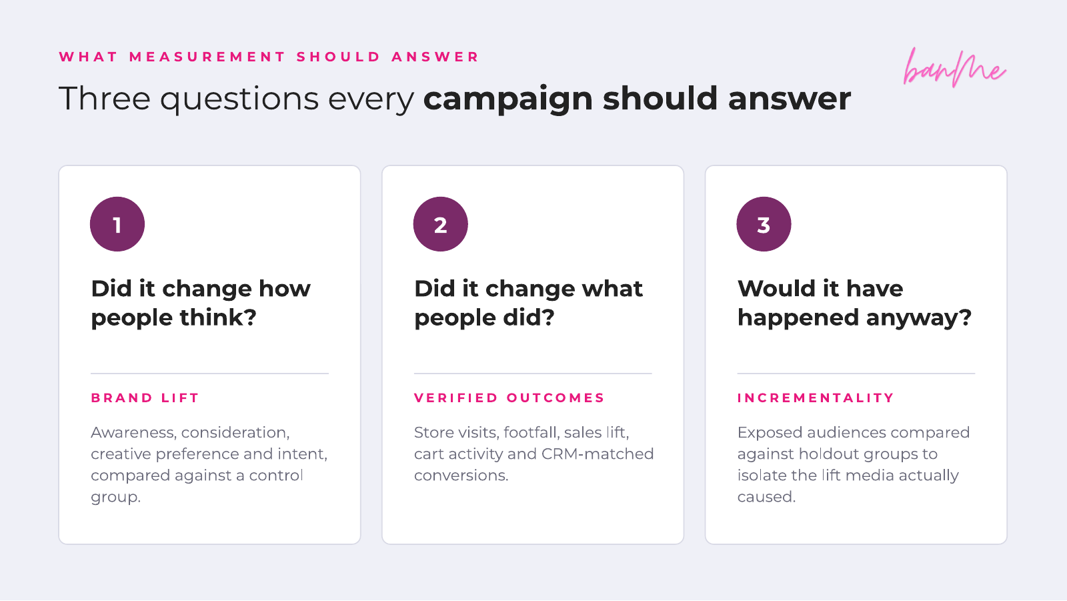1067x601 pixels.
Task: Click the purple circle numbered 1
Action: [117, 224]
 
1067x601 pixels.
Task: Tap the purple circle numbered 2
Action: [441, 224]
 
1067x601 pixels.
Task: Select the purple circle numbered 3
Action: [764, 224]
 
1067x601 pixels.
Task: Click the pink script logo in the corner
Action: [954, 67]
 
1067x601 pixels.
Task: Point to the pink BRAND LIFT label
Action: [145, 398]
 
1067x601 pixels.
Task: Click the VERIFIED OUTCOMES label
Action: [509, 398]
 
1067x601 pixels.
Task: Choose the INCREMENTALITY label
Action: [816, 398]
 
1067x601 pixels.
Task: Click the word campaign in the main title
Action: [507, 100]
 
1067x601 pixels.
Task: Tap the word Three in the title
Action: [105, 99]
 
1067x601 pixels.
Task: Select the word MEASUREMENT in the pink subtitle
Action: [207, 57]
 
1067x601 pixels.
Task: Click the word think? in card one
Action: [218, 318]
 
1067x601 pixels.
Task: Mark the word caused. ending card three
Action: [766, 497]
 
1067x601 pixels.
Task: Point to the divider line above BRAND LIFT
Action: [209, 373]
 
